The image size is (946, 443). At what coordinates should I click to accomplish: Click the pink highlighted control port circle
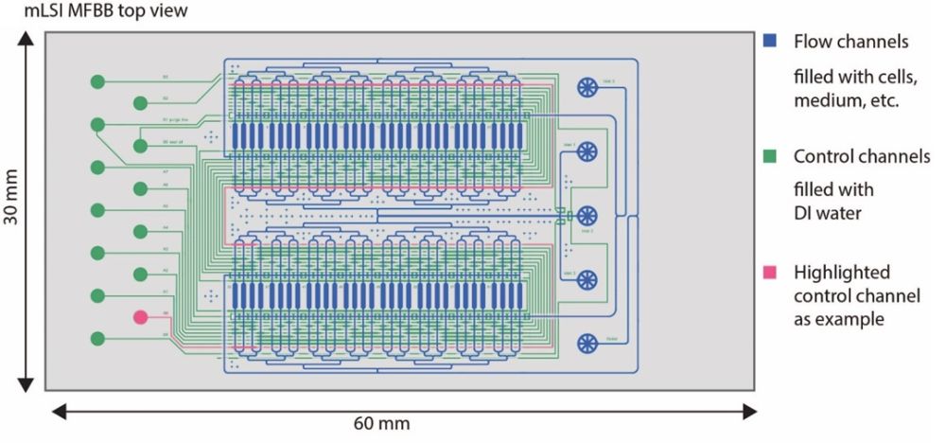pos(141,317)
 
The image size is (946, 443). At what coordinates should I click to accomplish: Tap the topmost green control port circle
pos(97,82)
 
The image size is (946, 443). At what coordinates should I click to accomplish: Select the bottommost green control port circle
pos(97,338)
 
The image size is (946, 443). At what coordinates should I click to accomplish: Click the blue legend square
pos(771,42)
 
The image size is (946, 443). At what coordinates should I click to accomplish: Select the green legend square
pos(771,156)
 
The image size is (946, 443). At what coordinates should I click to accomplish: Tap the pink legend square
pos(771,273)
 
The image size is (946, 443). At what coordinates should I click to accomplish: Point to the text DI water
pos(828,213)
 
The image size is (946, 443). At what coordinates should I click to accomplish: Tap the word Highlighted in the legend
pos(842,273)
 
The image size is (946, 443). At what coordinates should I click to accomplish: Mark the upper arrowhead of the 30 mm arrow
pos(26,38)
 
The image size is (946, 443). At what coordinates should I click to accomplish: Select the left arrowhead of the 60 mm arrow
pos(55,410)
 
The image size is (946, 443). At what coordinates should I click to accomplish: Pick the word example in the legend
pos(852,319)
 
